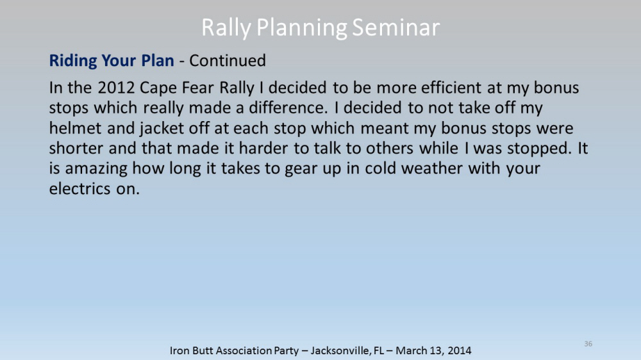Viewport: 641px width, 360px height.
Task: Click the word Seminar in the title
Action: tap(395, 28)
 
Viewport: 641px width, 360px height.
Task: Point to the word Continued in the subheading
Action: tap(228, 60)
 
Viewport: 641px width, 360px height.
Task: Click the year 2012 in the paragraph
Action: tap(116, 88)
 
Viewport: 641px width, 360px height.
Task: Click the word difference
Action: tap(288, 108)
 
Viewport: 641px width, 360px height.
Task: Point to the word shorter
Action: tap(76, 148)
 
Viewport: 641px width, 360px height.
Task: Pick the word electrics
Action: tap(79, 188)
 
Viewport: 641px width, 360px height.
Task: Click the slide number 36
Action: tap(588, 343)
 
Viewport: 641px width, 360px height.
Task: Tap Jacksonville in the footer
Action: tap(342, 350)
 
